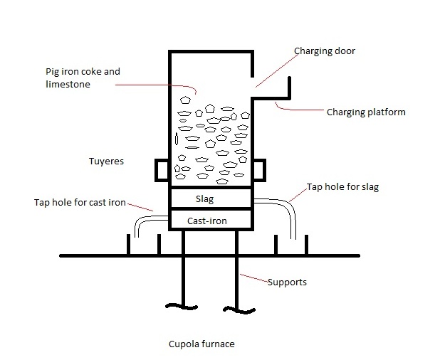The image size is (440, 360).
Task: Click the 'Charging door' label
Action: pos(325,51)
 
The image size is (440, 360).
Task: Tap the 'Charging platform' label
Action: pos(366,112)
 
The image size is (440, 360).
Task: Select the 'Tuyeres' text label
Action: pos(106,162)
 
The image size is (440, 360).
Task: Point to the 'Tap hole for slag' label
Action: pos(342,187)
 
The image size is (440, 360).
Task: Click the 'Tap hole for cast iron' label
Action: pos(80,203)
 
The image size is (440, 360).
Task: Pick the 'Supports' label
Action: pos(287,282)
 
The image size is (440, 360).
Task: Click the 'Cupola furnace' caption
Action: pos(201,344)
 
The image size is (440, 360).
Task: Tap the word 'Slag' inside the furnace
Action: pos(205,198)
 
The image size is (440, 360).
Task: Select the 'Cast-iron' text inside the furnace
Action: pos(207,221)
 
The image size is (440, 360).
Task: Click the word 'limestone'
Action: pos(68,85)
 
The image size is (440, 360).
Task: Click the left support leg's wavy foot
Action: pos(182,307)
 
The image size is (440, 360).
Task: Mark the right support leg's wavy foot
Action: pos(239,310)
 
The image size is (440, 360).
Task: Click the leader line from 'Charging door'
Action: pos(277,70)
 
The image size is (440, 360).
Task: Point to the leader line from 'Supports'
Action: pos(254,278)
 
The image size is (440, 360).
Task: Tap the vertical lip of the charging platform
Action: pos(289,88)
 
